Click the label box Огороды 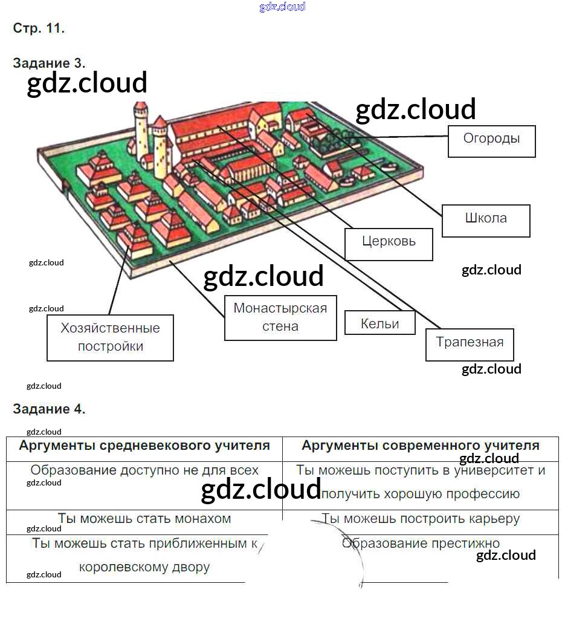[491, 141]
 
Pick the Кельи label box [379, 323]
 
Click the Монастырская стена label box [280, 317]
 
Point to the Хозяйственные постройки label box [111, 337]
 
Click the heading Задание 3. [49, 63]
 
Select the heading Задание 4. [49, 409]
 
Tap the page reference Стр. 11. [38, 28]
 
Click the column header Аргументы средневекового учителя [144, 446]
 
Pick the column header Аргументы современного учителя [421, 446]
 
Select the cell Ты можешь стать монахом [144, 519]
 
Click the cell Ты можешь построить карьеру [421, 519]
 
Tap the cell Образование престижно [421, 543]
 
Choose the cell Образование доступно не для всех [144, 470]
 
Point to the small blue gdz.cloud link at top [282, 7]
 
